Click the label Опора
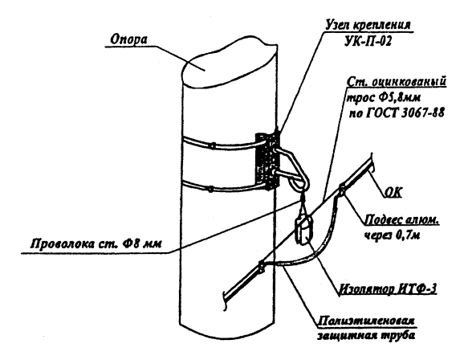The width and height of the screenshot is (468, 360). (x=128, y=39)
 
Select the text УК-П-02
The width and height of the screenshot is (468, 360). (x=368, y=42)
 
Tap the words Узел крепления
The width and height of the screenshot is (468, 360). (x=368, y=25)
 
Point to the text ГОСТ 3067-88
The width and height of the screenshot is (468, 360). (x=404, y=113)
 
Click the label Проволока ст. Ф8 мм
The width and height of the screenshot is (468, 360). (x=96, y=243)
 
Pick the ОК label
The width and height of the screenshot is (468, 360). (x=393, y=193)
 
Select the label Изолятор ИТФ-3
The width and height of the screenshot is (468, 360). (x=388, y=289)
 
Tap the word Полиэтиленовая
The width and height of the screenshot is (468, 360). (x=366, y=321)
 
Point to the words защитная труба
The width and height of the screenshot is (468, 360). (x=366, y=336)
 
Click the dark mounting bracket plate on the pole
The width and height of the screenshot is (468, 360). (x=267, y=160)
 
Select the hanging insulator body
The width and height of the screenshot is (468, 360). (x=304, y=231)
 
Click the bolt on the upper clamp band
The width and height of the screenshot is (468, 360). (x=213, y=145)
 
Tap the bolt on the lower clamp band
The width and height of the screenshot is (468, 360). (x=210, y=189)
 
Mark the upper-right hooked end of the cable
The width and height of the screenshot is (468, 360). (x=372, y=163)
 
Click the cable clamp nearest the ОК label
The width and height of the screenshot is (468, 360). (x=342, y=190)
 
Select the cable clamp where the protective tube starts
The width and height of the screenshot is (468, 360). (x=261, y=267)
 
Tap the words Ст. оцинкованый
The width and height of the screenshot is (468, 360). (x=397, y=82)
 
